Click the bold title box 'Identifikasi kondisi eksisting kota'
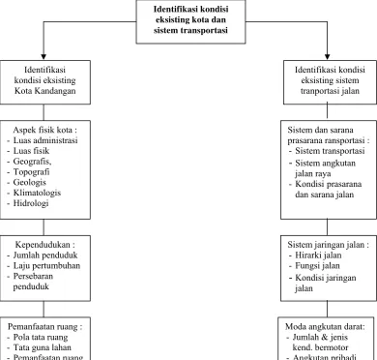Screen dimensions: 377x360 tap(190, 21)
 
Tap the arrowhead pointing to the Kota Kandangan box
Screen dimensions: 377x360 tap(43, 57)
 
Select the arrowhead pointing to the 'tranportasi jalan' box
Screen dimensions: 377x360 tap(328, 57)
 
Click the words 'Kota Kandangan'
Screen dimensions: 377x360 tap(45, 91)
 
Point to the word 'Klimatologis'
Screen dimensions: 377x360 tap(37, 193)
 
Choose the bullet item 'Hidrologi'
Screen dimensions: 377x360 tap(31, 203)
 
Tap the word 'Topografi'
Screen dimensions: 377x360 tap(31, 172)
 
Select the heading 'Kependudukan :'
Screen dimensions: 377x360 tap(45, 245)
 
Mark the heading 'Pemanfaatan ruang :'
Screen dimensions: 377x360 tap(45, 327)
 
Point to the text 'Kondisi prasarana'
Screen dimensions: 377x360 tap(329, 184)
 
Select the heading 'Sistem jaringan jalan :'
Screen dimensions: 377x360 tap(329, 245)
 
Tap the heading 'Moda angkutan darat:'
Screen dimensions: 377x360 tap(325, 327)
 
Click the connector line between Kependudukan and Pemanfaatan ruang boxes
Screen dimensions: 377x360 tap(43, 309)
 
